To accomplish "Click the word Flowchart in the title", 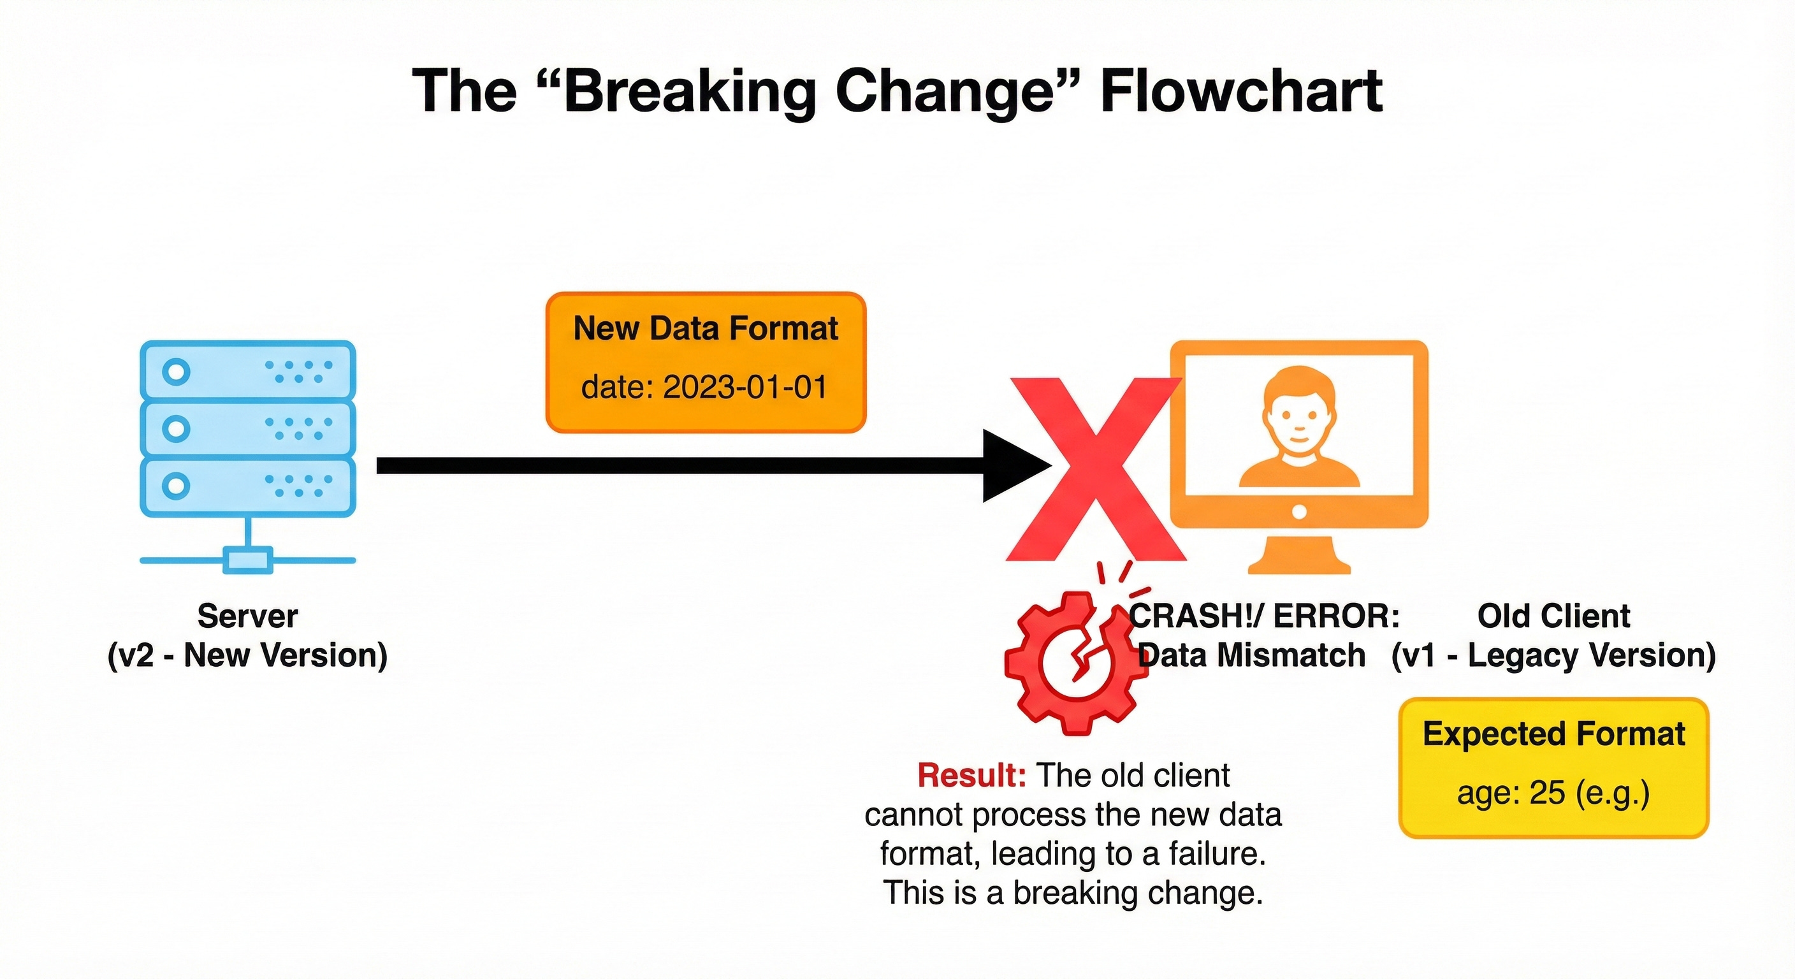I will point(1241,92).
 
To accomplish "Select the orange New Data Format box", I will point(705,362).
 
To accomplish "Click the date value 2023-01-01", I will point(745,388).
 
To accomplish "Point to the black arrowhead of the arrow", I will point(1014,465).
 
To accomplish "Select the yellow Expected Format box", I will point(1553,767).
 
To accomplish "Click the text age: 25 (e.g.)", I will point(1553,794).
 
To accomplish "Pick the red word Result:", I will point(971,776).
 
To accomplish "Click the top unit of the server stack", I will point(248,371).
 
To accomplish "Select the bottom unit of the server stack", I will point(248,486).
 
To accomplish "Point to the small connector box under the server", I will point(247,560).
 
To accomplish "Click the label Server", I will point(247,616).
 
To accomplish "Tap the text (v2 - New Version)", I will point(247,656).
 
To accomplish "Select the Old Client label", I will point(1553,616).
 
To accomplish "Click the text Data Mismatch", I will point(1251,656).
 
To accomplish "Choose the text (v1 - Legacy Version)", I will point(1553,656).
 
